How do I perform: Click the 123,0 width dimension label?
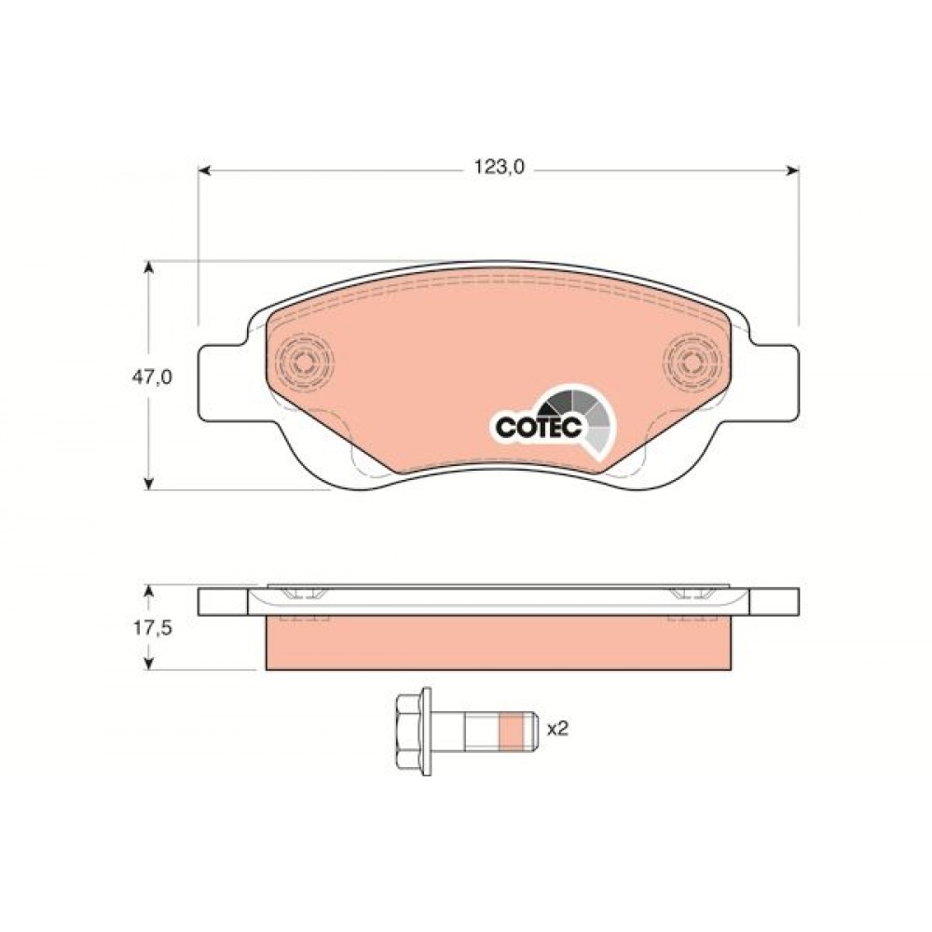[499, 168]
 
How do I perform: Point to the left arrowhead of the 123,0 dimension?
[204, 171]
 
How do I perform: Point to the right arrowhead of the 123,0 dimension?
[792, 171]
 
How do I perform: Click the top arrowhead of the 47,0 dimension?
[150, 267]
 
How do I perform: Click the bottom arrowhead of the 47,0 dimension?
[150, 483]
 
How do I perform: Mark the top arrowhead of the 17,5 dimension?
[150, 593]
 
